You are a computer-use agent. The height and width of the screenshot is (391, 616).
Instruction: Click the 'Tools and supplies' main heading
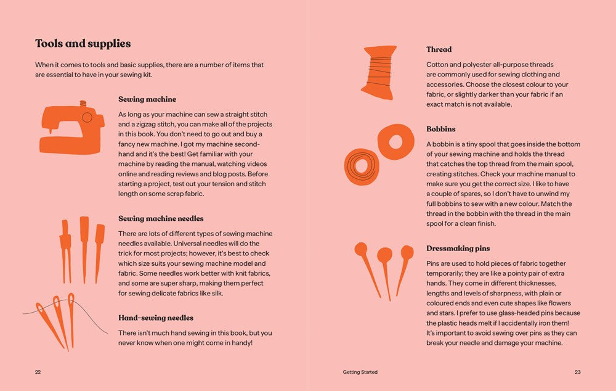[83, 44]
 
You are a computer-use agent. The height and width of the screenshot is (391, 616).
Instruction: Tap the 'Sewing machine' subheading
[147, 99]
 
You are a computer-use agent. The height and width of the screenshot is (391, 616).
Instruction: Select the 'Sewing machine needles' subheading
[161, 218]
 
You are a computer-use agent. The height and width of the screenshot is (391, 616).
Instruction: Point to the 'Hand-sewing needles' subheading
[156, 318]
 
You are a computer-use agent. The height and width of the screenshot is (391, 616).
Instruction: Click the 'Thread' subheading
[439, 49]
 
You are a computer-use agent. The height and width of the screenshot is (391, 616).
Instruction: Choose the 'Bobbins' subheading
[441, 129]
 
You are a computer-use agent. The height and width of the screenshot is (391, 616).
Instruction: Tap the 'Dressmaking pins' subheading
[458, 248]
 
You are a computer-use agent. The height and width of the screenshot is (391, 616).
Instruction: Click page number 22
[38, 372]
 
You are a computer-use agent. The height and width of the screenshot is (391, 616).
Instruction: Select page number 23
[577, 372]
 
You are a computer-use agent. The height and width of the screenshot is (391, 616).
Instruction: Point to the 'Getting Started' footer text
[360, 372]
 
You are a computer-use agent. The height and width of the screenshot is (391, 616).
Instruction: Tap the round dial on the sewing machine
[87, 117]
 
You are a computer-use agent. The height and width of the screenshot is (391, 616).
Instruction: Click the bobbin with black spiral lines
[362, 165]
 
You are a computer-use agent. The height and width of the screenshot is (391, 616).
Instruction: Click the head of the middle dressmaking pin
[384, 255]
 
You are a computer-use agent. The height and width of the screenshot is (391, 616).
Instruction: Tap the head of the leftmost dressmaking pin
[361, 249]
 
